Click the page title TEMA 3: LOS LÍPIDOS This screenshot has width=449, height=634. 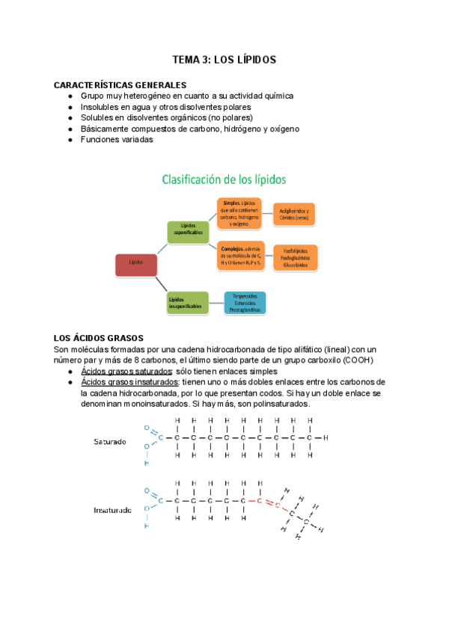(224, 59)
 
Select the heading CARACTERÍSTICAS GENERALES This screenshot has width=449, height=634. (120, 85)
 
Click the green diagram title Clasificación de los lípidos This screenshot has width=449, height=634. (224, 179)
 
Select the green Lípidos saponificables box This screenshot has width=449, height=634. (188, 231)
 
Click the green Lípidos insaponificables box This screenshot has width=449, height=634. (188, 302)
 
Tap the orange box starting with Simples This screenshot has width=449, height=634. (240, 213)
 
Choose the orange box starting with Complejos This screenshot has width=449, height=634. (240, 256)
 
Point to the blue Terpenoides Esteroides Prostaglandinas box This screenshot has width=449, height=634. (245, 302)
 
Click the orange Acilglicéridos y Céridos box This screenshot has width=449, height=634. (294, 215)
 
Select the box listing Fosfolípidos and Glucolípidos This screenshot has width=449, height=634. (295, 257)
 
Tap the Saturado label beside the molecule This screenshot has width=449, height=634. (110, 441)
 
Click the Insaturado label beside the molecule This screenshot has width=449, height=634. (112, 511)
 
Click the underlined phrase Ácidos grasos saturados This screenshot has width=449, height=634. (126, 372)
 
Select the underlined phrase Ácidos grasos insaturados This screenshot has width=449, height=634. (129, 382)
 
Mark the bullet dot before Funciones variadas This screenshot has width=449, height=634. (70, 139)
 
